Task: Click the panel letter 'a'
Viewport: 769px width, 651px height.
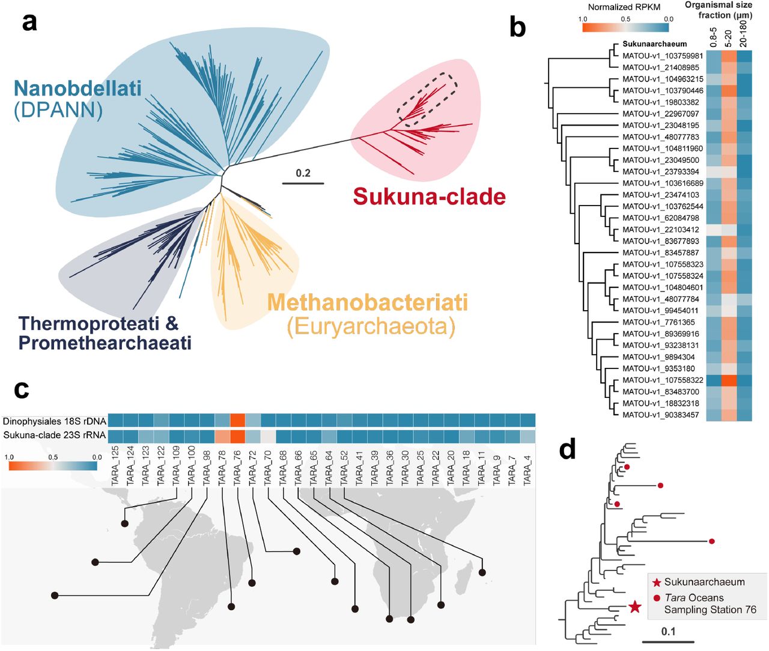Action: pyautogui.click(x=29, y=22)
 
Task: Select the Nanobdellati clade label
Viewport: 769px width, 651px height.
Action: pyautogui.click(x=78, y=89)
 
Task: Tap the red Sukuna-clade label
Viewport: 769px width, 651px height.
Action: pyautogui.click(x=429, y=197)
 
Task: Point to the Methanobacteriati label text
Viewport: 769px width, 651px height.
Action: pyautogui.click(x=367, y=302)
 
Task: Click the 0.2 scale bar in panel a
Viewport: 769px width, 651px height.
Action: pyautogui.click(x=303, y=183)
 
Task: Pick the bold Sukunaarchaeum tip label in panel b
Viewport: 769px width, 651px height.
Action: pyautogui.click(x=654, y=44)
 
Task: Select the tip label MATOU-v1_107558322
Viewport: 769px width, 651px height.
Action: pyautogui.click(x=663, y=380)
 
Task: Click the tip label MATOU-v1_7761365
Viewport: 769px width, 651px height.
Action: pyautogui.click(x=658, y=322)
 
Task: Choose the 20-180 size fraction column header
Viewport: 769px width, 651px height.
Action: pyautogui.click(x=744, y=34)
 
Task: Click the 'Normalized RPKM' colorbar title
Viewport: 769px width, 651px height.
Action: pyautogui.click(x=624, y=7)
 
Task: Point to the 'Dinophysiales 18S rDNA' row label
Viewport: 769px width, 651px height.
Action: pyautogui.click(x=55, y=421)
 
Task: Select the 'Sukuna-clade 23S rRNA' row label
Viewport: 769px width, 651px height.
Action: pyautogui.click(x=55, y=435)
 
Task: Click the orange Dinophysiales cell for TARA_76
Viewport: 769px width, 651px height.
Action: pyautogui.click(x=237, y=420)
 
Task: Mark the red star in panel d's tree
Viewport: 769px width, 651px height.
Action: pyautogui.click(x=635, y=607)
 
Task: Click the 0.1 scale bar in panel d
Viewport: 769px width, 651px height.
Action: pyautogui.click(x=668, y=641)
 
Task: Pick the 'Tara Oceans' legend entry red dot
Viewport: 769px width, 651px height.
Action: pyautogui.click(x=657, y=598)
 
